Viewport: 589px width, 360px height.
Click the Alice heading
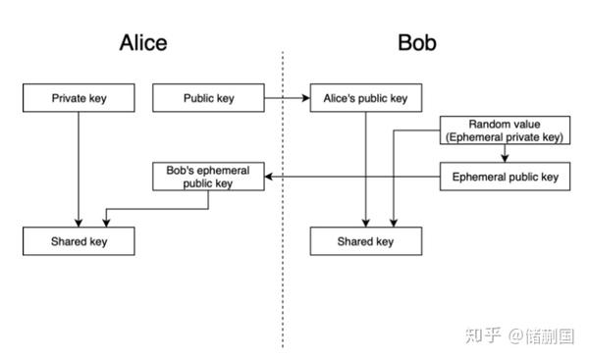pyautogui.click(x=143, y=42)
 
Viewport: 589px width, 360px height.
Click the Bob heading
pyautogui.click(x=417, y=42)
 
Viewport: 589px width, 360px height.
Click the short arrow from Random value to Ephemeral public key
pyautogui.click(x=505, y=153)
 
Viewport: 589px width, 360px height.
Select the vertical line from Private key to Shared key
pyautogui.click(x=79, y=170)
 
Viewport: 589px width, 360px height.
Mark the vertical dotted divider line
pyautogui.click(x=283, y=200)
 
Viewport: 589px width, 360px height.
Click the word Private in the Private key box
pyautogui.click(x=69, y=98)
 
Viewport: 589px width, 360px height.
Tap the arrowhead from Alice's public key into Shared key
pyautogui.click(x=366, y=223)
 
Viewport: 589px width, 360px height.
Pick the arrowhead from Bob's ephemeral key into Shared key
pyautogui.click(x=106, y=223)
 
